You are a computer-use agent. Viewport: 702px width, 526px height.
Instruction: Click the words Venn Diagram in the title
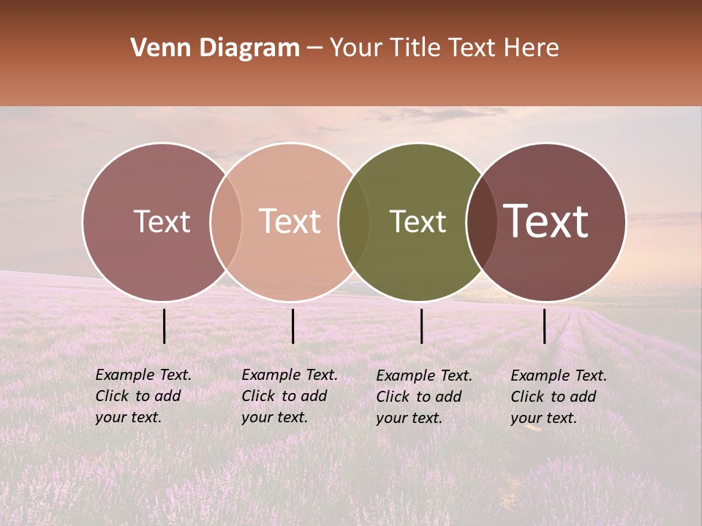pos(215,48)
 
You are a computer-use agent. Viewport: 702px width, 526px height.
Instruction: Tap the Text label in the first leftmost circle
pos(162,221)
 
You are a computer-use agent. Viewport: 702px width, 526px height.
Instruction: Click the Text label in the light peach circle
pos(290,221)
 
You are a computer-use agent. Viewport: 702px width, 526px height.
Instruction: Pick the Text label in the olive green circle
pos(418,221)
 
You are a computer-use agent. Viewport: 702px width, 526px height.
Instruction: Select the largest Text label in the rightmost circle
pos(546,221)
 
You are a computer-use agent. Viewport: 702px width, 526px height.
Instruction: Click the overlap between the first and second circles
pos(226,221)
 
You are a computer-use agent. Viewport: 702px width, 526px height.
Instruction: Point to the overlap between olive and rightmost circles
pos(481,221)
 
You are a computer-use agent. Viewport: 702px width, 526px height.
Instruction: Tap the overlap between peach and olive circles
pos(354,221)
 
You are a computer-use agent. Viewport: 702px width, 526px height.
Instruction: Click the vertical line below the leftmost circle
pos(165,326)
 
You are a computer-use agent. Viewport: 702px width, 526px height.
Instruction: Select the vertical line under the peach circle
pos(292,326)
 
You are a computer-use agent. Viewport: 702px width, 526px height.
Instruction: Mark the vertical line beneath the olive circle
pos(422,326)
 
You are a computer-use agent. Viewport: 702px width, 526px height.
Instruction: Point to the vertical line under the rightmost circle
pos(545,326)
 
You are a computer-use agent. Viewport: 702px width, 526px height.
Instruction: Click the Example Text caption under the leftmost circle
pos(143,396)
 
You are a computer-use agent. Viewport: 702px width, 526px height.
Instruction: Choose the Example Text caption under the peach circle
pos(289,396)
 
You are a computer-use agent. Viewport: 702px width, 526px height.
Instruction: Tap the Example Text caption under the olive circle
pos(423,397)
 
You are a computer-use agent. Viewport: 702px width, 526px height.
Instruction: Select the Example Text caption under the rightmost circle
pos(558,397)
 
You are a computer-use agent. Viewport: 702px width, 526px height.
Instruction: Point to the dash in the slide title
pos(314,48)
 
